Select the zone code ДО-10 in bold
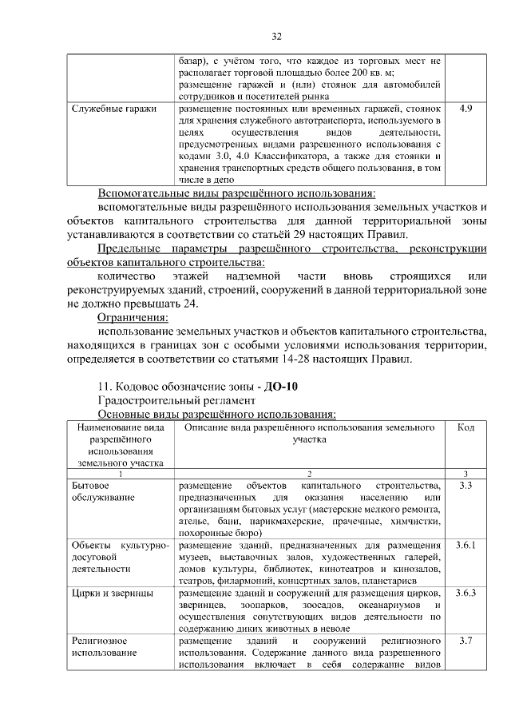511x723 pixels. [280, 387]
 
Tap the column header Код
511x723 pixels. [465, 428]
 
